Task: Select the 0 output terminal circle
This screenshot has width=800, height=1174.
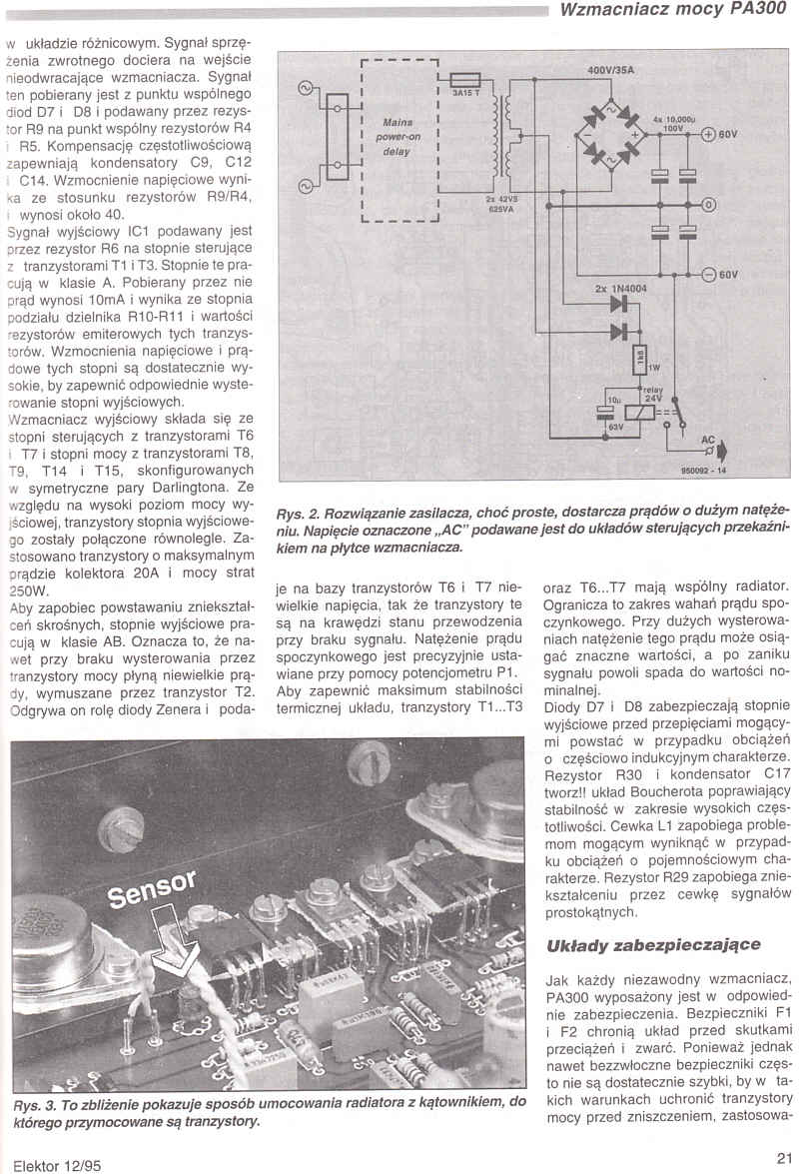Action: (708, 205)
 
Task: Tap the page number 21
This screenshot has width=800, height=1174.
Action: (783, 1157)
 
